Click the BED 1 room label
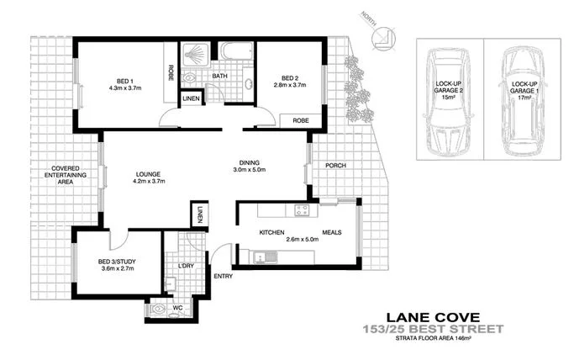click(x=123, y=82)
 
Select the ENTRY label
click(x=224, y=276)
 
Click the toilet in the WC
click(x=160, y=309)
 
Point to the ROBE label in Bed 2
click(x=300, y=121)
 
